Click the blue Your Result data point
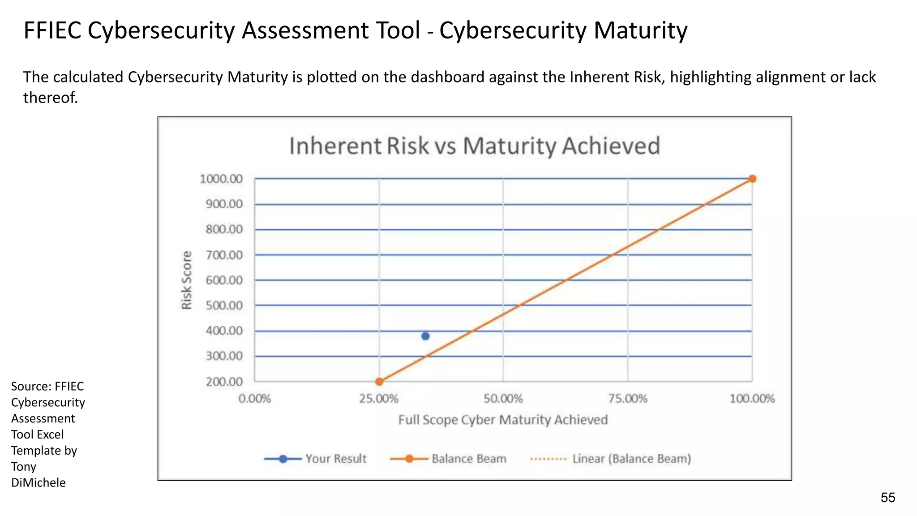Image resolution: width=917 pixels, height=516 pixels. pos(425,336)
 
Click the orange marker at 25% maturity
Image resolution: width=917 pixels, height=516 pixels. pos(379,382)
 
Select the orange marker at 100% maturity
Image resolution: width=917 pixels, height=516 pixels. pos(752,179)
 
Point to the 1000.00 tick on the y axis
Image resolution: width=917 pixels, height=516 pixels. pos(221,179)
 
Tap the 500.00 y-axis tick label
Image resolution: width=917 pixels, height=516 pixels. pos(224,305)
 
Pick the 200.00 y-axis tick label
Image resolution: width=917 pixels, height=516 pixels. pos(224,382)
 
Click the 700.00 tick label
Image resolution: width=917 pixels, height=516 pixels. pos(224,255)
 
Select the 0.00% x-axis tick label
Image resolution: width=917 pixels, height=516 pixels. pos(255,399)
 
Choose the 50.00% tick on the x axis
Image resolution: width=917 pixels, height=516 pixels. pos(503,399)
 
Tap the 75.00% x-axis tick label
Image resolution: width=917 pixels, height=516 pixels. pos(628,399)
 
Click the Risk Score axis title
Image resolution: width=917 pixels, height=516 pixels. pos(186,280)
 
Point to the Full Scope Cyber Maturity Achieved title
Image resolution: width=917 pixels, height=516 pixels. pos(503,420)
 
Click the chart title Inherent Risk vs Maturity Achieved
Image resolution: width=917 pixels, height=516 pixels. pos(475,146)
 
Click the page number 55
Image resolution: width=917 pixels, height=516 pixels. pos(888,498)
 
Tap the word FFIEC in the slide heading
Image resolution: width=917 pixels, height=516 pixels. pos(52,30)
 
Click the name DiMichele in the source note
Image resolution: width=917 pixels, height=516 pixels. pos(39,482)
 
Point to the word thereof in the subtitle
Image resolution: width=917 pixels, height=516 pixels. pos(50,97)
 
